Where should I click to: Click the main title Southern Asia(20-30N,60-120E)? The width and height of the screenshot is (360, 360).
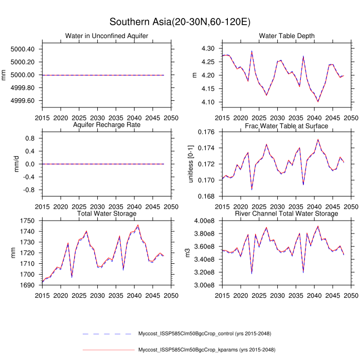(179, 22)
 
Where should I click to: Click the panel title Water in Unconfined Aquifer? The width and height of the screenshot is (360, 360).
(106, 35)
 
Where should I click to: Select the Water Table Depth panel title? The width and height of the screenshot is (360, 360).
(286, 35)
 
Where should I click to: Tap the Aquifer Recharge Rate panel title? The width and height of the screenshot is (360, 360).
(106, 125)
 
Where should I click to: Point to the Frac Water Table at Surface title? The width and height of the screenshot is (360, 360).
(286, 125)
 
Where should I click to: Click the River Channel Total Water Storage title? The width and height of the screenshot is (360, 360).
(286, 213)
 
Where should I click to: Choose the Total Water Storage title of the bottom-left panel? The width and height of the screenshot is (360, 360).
(106, 213)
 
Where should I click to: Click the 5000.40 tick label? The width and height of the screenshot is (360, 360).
(22, 49)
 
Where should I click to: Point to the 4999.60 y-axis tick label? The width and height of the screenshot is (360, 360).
(22, 100)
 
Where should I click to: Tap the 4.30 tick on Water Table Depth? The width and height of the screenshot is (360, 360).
(208, 48)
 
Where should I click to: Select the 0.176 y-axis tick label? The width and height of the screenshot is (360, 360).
(206, 132)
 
